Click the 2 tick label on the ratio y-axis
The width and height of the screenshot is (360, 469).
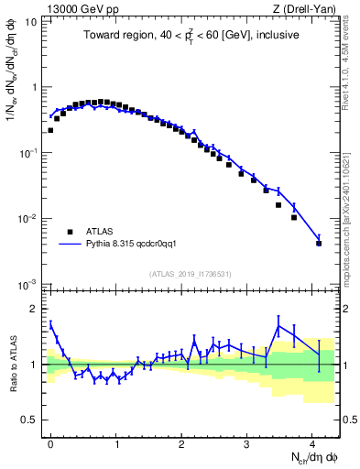point(36,309)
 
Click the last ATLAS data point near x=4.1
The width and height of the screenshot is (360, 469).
point(319,243)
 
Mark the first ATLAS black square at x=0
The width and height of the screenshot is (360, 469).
point(50,130)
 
